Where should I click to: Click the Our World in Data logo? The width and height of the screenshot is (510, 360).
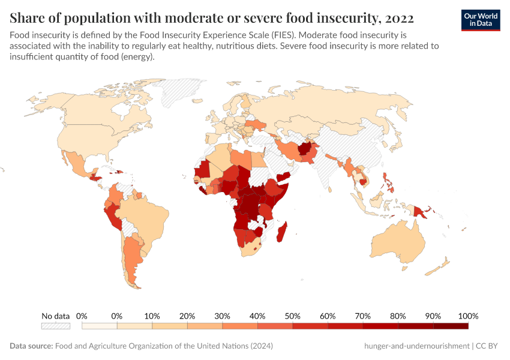[481, 20]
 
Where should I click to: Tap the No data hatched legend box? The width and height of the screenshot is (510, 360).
[55, 326]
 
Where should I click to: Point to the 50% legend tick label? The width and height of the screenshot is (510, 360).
[292, 316]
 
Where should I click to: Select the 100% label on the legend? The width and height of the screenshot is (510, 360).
[467, 316]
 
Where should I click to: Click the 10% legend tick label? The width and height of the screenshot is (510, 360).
[152, 316]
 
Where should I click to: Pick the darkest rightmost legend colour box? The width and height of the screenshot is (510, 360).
[451, 326]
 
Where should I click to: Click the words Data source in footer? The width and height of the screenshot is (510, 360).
[31, 346]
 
